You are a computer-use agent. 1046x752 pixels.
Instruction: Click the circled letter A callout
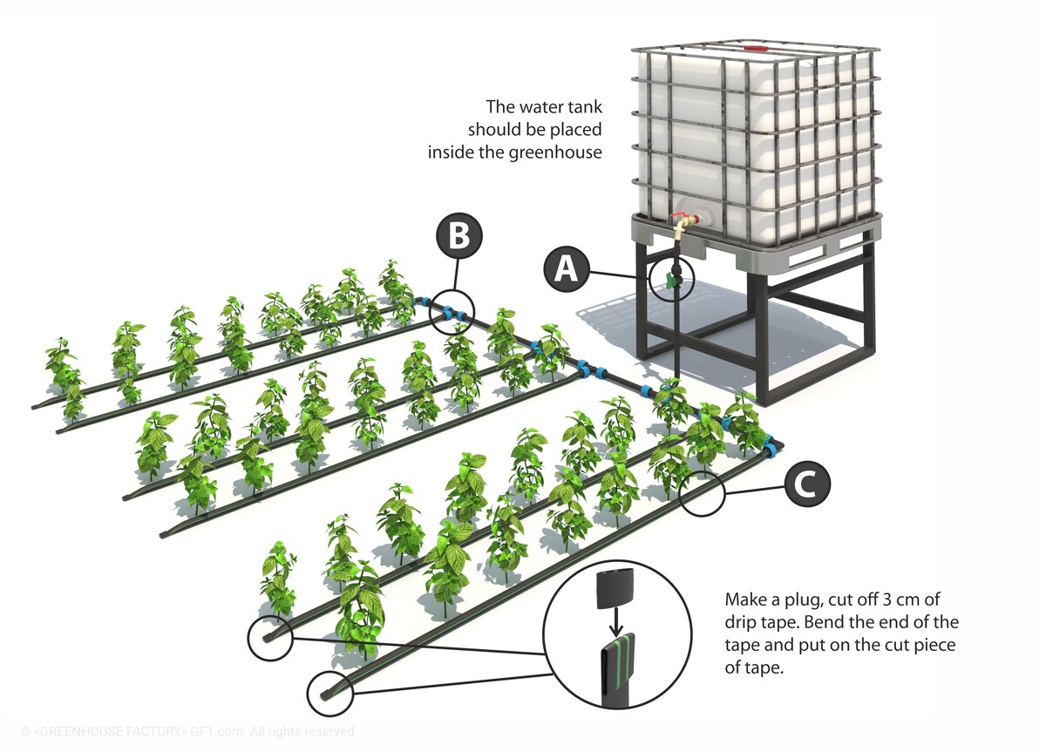tap(567, 269)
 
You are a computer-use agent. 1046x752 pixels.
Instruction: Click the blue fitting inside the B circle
tap(451, 312)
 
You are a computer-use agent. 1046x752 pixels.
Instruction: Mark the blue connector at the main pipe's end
tap(771, 445)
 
